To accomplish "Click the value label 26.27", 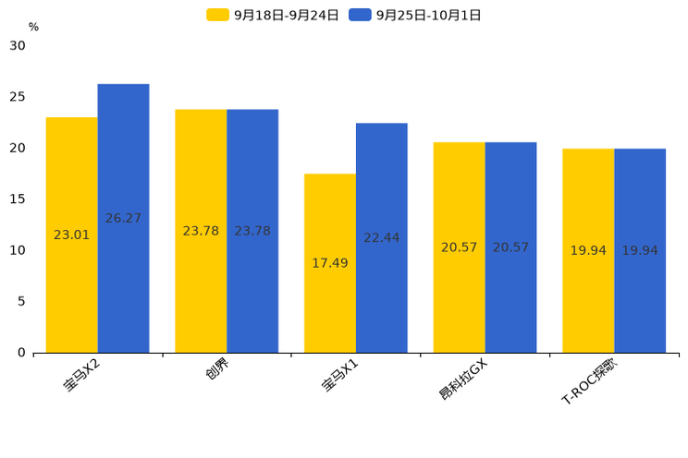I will click(x=123, y=219).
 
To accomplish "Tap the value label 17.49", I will click(x=330, y=263).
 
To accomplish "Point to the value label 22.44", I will click(x=381, y=238).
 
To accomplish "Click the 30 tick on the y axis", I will click(x=18, y=45).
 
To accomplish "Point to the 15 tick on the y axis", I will click(x=18, y=199).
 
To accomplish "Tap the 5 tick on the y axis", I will click(x=21, y=301).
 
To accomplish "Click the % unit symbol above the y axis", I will click(x=33, y=27).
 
